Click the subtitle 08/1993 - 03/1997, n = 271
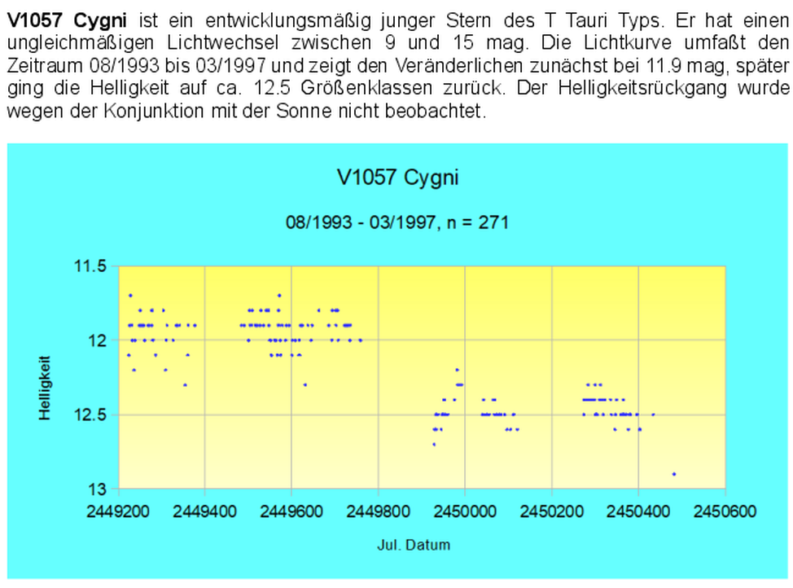point(396,222)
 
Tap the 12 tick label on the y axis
point(97,340)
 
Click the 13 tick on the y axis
point(97,489)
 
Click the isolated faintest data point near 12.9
point(674,474)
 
